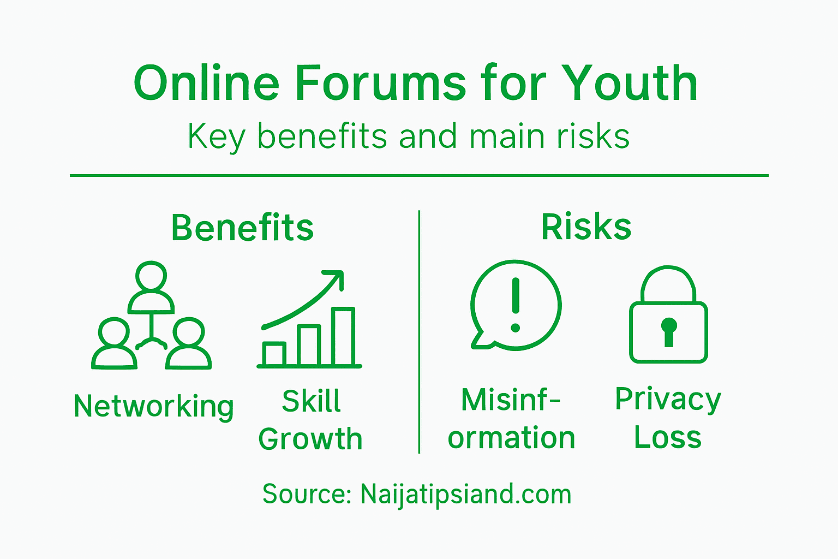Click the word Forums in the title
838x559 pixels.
[381, 84]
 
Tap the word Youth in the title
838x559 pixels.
[630, 84]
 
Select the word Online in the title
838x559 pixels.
[206, 84]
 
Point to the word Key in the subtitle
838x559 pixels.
[216, 137]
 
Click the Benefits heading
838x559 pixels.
[242, 228]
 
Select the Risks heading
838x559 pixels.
[586, 227]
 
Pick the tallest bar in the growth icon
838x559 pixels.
[343, 336]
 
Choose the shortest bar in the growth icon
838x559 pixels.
[274, 353]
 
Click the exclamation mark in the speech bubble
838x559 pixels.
[516, 304]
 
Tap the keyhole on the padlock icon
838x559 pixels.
[669, 331]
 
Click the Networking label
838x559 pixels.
[154, 407]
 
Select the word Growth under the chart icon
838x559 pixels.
[310, 439]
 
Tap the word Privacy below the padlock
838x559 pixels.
[668, 400]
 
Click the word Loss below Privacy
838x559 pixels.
[668, 438]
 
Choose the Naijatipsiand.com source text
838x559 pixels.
[465, 494]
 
